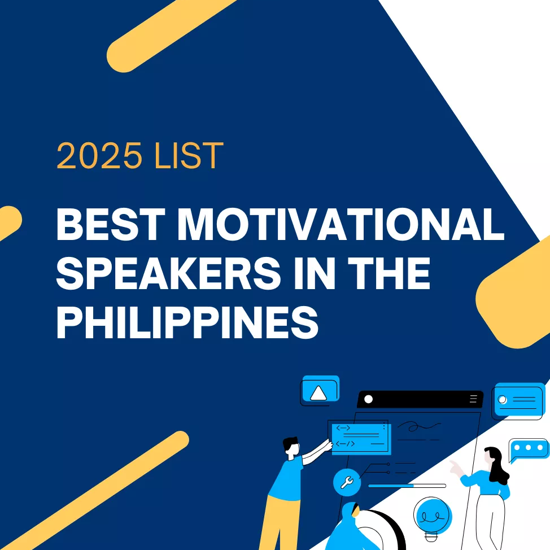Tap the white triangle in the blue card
click(318, 392)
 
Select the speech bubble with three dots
click(529, 448)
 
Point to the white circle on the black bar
click(369, 399)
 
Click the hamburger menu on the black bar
click(473, 399)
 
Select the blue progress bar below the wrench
click(391, 486)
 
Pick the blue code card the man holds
click(359, 436)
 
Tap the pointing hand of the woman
click(453, 466)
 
